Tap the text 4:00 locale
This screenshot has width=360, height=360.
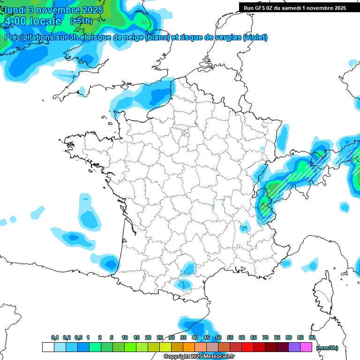(32, 21)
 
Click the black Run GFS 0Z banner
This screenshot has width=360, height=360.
(294, 7)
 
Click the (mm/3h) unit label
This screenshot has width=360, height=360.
(327, 348)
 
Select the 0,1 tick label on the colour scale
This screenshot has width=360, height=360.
(54, 337)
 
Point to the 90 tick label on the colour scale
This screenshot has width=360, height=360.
(312, 337)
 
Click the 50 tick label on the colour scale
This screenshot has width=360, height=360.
(218, 337)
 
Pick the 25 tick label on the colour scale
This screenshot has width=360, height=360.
(160, 337)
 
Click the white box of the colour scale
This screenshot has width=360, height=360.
(48, 347)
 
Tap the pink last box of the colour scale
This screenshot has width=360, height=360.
(306, 347)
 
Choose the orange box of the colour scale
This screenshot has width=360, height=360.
(189, 347)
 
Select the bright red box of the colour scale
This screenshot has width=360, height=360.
(247, 347)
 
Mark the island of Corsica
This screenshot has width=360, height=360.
(322, 293)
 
